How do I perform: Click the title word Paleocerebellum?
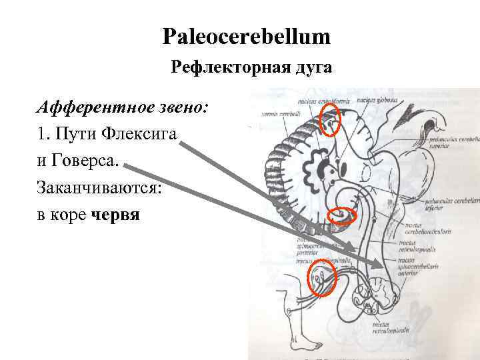(x=246, y=37)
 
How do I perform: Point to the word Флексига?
(x=141, y=134)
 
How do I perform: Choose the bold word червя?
(x=116, y=216)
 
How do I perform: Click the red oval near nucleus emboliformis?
(x=330, y=120)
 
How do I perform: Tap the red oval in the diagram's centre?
(x=344, y=215)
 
